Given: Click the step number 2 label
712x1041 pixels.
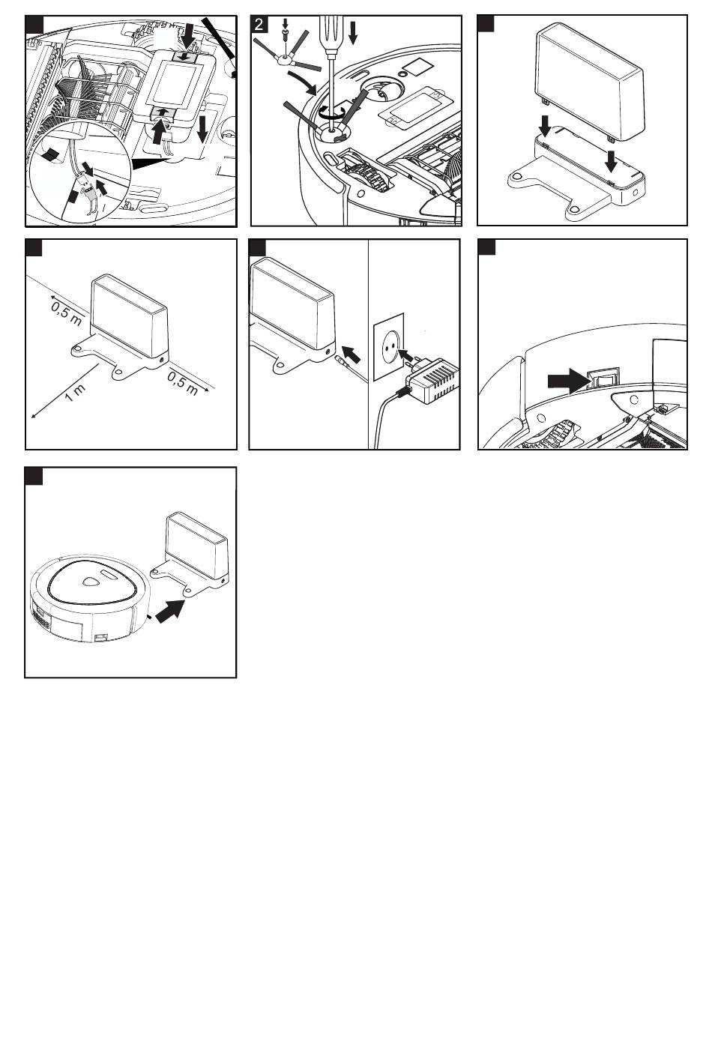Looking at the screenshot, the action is [x=259, y=24].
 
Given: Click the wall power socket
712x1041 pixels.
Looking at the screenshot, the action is [x=389, y=347].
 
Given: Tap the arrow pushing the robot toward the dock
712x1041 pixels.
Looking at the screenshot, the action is [x=169, y=610].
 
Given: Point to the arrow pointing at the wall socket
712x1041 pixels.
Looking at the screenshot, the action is [x=408, y=356].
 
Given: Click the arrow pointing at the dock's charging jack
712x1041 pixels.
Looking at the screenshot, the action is [x=351, y=355].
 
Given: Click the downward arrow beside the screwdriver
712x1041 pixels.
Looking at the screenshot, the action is [x=353, y=32].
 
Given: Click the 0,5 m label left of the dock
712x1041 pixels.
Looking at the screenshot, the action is [x=67, y=313].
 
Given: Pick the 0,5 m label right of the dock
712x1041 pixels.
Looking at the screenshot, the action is [x=183, y=383].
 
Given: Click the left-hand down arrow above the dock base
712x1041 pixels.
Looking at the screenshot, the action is [x=546, y=125].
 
